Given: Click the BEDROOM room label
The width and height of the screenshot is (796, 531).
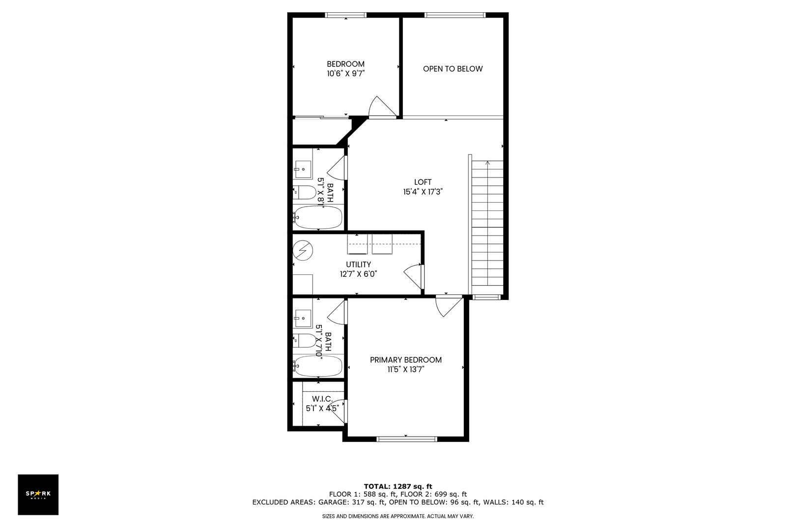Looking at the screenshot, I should (x=345, y=64).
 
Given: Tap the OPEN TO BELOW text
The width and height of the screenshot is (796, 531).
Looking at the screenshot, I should (x=453, y=69).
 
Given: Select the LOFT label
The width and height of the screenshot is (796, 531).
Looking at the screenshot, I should (x=423, y=182).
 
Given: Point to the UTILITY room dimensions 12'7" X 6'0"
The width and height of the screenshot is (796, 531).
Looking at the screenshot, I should (x=358, y=274).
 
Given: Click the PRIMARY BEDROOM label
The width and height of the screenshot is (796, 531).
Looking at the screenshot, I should (x=405, y=360).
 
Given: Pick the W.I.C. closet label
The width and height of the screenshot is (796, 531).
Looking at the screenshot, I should (x=322, y=399).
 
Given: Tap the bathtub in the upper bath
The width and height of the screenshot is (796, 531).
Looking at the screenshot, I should (x=318, y=217).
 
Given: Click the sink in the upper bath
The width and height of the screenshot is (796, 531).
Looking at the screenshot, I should (x=303, y=169).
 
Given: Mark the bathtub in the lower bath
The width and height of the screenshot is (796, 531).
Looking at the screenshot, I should (x=318, y=366).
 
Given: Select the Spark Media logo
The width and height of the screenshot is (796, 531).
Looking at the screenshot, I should (x=38, y=495).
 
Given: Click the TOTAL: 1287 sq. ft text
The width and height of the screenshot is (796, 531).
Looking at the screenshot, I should (x=398, y=486).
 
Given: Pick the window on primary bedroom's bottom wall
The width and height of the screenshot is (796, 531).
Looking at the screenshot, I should (x=406, y=438).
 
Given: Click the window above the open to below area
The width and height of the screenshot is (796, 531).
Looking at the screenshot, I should (x=455, y=15).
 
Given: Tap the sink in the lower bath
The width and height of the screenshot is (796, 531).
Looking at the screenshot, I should (x=303, y=318).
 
